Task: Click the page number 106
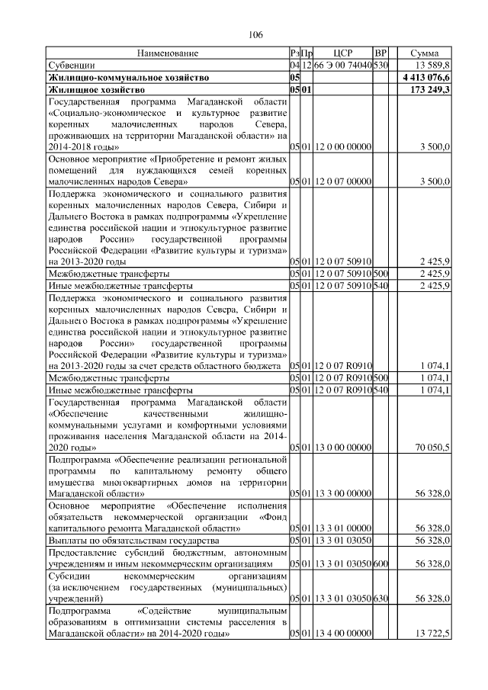coord(255,34)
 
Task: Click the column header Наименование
coord(168,53)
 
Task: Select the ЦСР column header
coord(343,53)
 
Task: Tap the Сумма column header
coord(424,53)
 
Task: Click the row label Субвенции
coord(69,66)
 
